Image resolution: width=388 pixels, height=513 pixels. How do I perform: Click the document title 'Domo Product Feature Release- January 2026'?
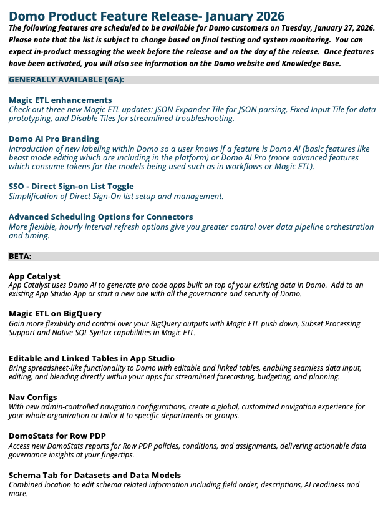pos(147,16)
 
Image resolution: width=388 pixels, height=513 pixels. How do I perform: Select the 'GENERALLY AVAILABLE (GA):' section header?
pos(66,80)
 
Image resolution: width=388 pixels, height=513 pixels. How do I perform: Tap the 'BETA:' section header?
pos(21,256)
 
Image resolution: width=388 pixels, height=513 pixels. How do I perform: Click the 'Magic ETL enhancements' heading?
pos(61,100)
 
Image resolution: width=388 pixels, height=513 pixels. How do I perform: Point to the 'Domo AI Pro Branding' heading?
pos(54,139)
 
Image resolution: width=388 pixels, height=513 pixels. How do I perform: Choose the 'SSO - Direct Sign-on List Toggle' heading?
pos(71,187)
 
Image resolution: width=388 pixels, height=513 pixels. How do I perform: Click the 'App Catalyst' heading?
pos(34,276)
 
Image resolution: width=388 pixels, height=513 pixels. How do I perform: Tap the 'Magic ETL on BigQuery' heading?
pos(55,313)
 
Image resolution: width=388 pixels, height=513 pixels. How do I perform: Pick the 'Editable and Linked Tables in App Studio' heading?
pos(92,358)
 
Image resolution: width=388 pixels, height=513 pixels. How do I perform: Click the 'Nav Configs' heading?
pos(32,397)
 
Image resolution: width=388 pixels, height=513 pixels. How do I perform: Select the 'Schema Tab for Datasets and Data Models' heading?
pos(95,475)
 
